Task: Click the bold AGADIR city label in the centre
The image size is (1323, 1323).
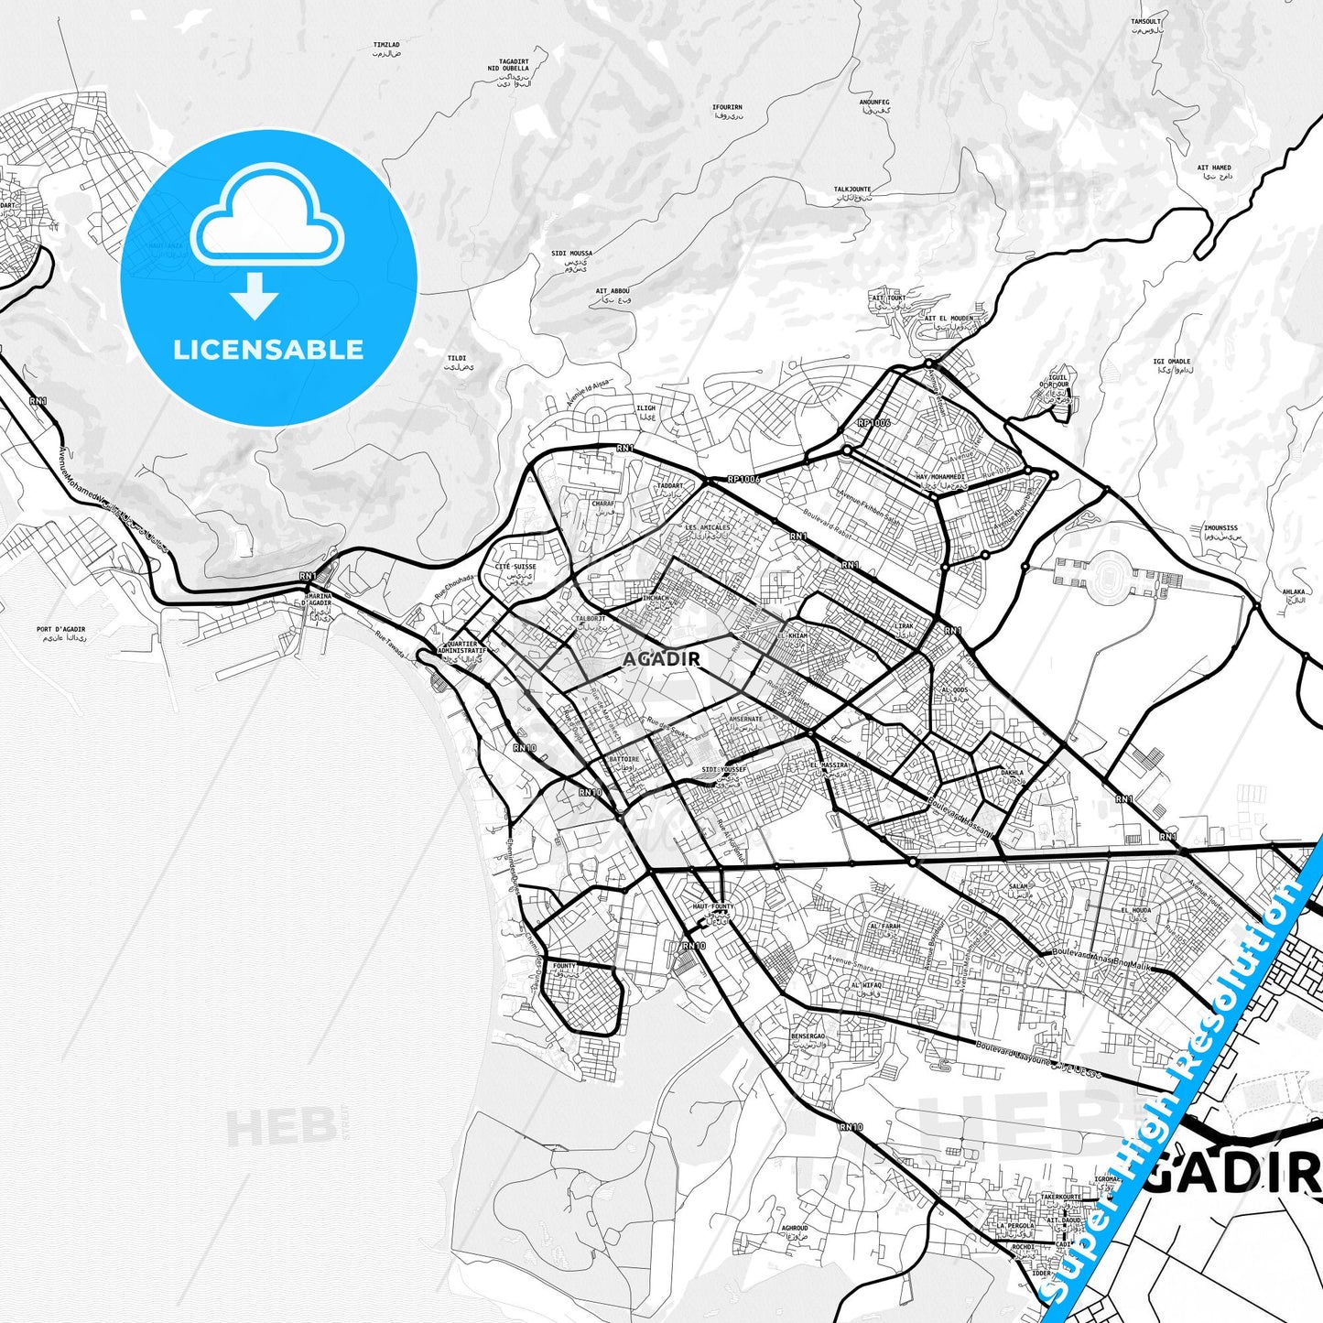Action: point(661,658)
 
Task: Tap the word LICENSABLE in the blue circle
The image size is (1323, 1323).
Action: point(268,350)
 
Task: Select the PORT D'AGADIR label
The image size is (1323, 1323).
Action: point(60,630)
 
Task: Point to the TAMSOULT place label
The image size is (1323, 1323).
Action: point(1145,22)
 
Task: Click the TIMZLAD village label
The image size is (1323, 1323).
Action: point(386,45)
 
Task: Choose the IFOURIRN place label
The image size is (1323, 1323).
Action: point(727,108)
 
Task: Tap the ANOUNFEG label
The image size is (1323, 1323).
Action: point(874,103)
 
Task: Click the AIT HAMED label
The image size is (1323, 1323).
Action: point(1214,168)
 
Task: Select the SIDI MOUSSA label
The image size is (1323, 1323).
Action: point(571,254)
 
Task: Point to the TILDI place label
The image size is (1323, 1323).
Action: point(457,359)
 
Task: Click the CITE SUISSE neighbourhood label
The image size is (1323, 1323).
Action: point(515,567)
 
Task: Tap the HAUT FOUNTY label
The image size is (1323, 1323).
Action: point(712,906)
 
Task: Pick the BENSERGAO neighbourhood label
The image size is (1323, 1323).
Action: point(808,1036)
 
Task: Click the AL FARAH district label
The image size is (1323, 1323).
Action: point(884,926)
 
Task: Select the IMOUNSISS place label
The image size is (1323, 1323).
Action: point(1220,528)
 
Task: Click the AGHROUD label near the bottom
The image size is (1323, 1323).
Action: point(795,1229)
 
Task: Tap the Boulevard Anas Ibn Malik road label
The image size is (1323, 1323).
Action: point(1101,959)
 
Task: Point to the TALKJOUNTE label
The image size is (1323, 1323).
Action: point(852,190)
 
